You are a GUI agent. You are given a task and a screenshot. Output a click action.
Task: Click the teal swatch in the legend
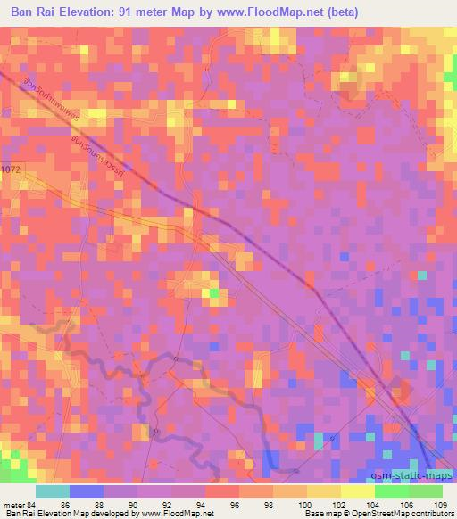tap(52, 491)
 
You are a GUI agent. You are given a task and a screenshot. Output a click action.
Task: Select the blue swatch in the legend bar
tap(87, 491)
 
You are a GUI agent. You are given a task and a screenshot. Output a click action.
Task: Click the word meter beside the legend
tap(12, 506)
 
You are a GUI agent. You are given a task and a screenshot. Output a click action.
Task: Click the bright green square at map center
tap(213, 292)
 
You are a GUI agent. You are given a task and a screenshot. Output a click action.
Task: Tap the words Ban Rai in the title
tap(29, 12)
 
